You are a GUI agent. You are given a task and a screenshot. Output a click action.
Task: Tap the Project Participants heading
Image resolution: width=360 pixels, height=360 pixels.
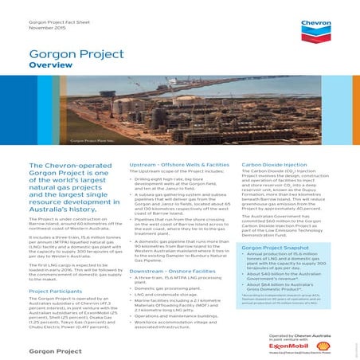pyautogui.click(x=57, y=291)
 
